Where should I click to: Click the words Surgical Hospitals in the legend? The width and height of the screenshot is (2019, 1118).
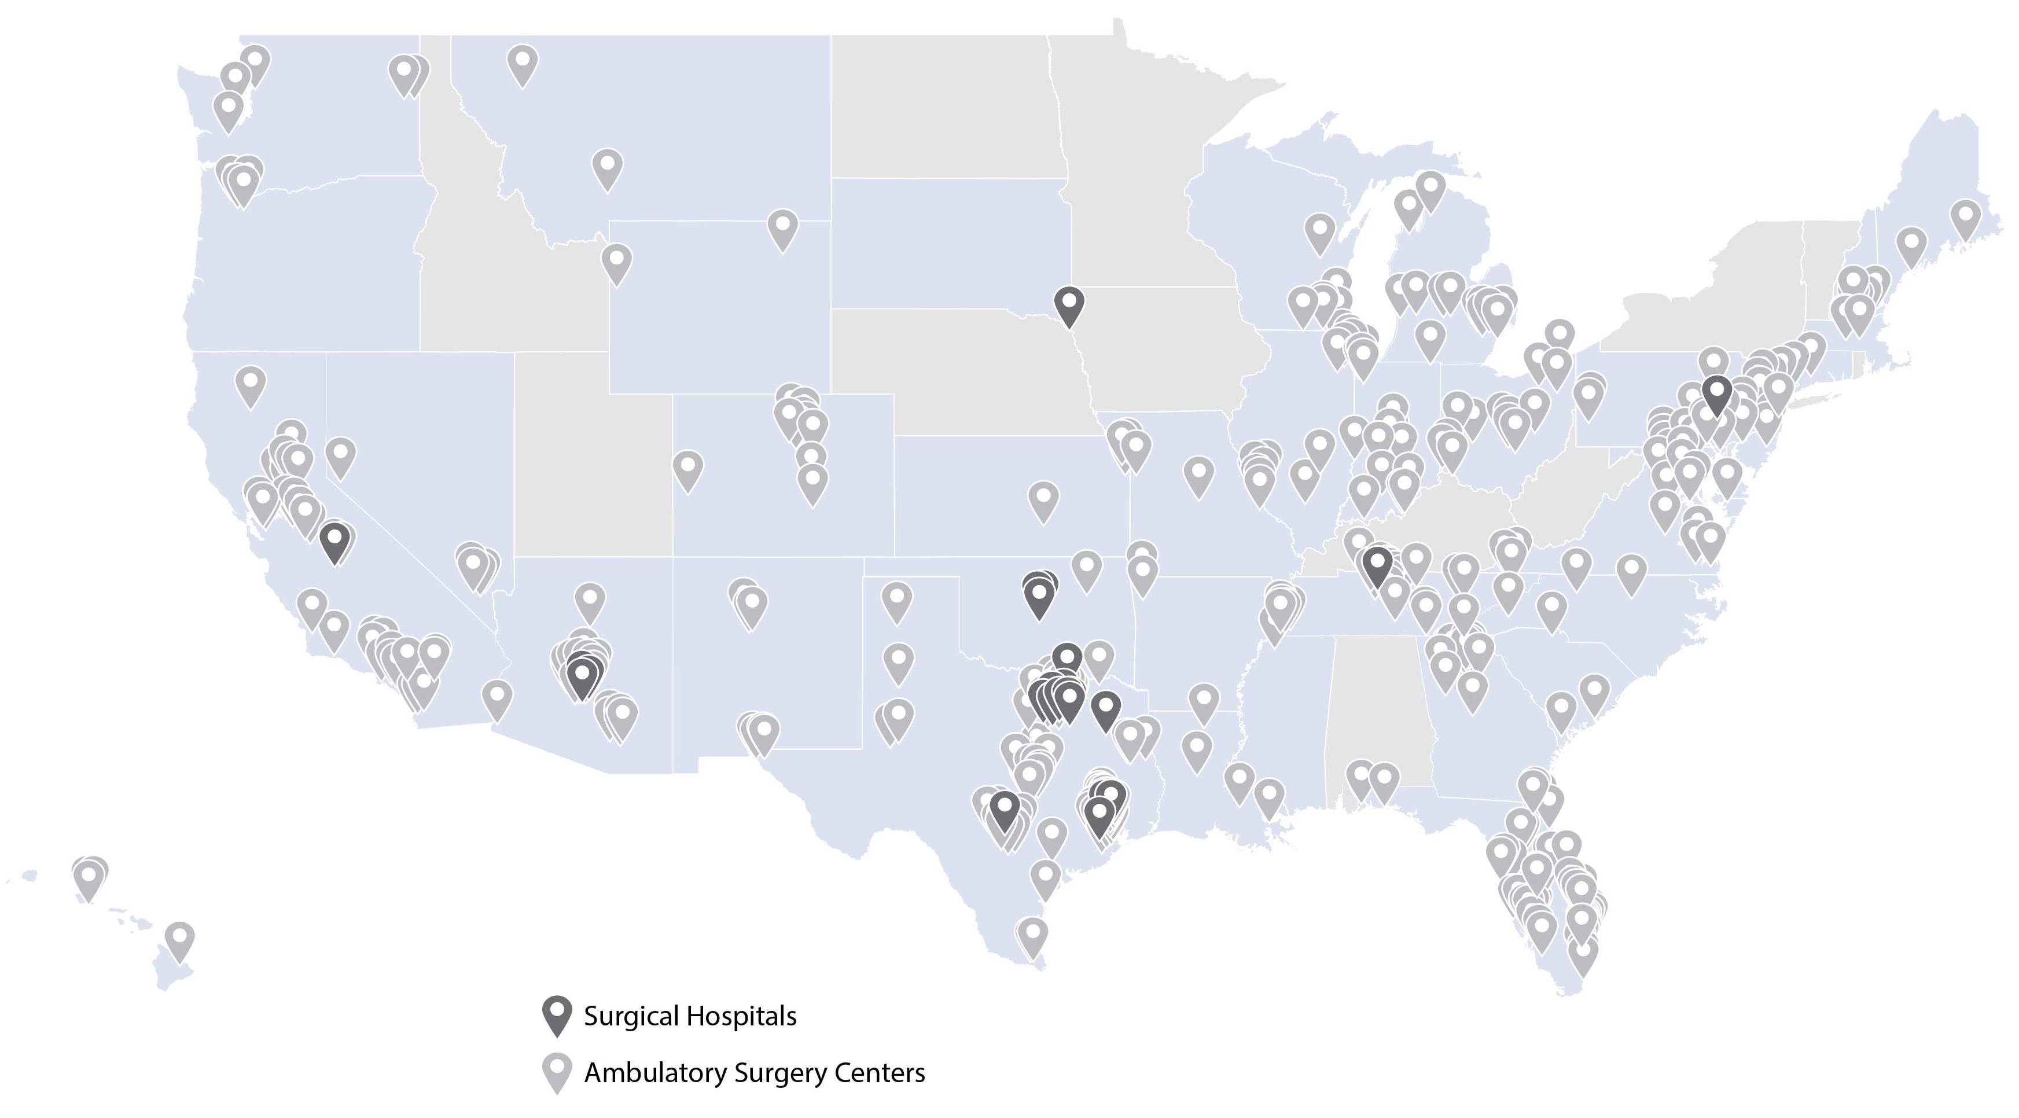(x=690, y=1016)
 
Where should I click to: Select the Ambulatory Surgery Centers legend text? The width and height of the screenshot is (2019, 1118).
(x=754, y=1072)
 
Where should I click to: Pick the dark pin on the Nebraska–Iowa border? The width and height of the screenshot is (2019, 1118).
(x=1069, y=305)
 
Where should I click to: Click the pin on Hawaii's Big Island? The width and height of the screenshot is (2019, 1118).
(x=179, y=941)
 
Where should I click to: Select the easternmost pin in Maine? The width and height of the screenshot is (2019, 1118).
(x=1965, y=219)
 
